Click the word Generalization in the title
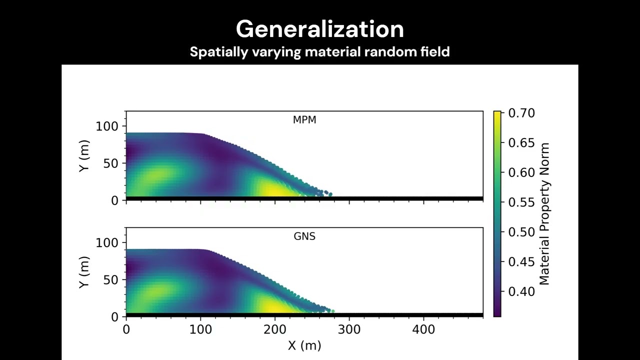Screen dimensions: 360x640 320,29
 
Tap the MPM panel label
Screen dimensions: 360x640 304,120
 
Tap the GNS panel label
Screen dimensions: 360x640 304,236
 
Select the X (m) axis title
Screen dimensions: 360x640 304,345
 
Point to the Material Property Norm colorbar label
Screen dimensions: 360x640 544,214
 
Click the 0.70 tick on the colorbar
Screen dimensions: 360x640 521,113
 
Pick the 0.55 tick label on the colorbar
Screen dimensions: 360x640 521,202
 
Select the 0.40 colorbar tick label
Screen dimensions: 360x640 521,291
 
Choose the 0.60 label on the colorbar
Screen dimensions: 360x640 521,172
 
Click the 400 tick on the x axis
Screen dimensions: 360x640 424,329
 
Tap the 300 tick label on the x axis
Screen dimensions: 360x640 349,329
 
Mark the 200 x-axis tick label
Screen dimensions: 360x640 275,329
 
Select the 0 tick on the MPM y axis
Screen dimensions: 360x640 115,200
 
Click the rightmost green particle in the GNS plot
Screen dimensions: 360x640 333,311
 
